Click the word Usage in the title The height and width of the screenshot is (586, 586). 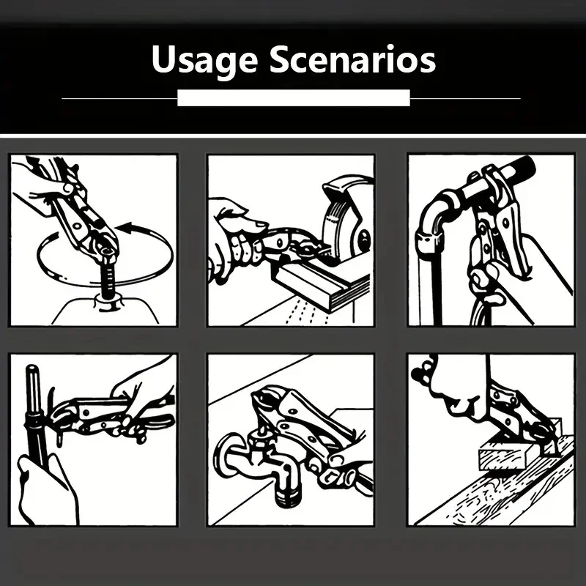205,60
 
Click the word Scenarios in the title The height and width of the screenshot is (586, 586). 352,59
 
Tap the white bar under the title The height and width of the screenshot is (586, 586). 294,98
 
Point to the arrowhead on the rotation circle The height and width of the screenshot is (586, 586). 125,227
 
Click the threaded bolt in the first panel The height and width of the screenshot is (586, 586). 108,277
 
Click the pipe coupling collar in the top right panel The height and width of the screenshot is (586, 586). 430,243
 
